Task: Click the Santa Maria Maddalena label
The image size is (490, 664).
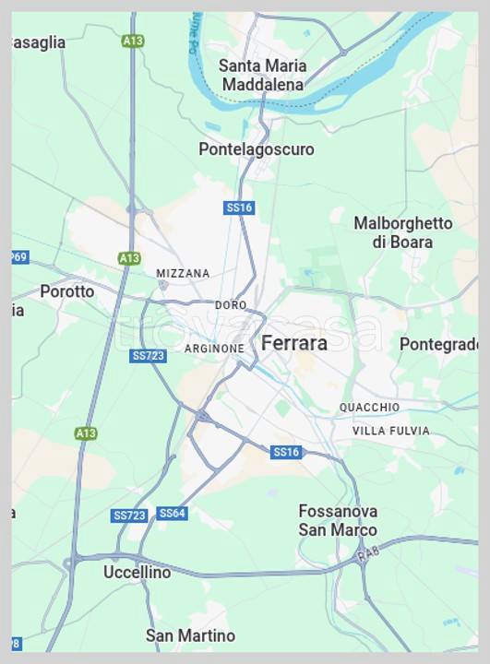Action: (262, 75)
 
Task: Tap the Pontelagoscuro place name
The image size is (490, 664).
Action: (256, 149)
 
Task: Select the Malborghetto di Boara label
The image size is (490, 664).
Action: (403, 232)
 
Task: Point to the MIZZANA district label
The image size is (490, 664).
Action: (183, 274)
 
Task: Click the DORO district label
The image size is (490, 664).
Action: (231, 305)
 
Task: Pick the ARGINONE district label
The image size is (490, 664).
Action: (214, 349)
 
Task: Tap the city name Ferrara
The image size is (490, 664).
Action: (294, 343)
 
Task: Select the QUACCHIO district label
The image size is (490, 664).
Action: (369, 408)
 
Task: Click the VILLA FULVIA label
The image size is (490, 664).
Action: (390, 431)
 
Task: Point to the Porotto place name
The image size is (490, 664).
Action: (66, 291)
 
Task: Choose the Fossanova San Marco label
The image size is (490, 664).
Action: (338, 520)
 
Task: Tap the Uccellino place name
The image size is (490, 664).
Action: (137, 573)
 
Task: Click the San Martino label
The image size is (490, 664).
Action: (190, 635)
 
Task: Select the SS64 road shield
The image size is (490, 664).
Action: (172, 514)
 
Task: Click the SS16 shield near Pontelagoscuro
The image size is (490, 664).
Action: (239, 208)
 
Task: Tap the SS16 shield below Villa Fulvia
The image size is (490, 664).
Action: (286, 452)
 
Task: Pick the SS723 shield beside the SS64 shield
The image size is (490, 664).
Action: (129, 516)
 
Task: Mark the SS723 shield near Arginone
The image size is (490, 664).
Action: (148, 356)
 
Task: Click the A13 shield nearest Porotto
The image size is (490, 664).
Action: (129, 259)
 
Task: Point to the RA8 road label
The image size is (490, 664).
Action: (369, 553)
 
